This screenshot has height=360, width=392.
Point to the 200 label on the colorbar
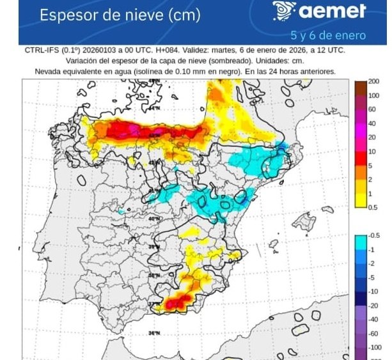click(373, 82)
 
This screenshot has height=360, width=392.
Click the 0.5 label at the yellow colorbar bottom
click(373, 207)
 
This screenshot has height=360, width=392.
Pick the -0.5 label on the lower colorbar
click(375, 236)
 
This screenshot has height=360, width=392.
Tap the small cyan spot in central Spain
click(122, 209)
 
